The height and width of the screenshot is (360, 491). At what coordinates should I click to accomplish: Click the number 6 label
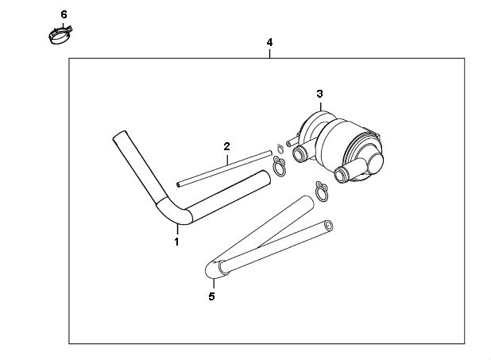[64, 14]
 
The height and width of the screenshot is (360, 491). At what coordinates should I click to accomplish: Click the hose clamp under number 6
[60, 35]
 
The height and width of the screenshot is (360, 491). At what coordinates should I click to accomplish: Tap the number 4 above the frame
[269, 42]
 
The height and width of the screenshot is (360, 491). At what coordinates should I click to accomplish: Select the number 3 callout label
[319, 94]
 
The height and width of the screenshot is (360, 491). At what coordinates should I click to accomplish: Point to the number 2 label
[226, 146]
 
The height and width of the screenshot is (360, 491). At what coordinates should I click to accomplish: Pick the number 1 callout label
[176, 242]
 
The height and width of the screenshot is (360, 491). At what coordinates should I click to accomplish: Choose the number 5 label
[211, 296]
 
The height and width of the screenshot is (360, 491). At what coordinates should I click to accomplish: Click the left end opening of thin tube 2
[178, 185]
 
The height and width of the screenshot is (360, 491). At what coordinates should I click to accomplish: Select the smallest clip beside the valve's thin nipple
[280, 149]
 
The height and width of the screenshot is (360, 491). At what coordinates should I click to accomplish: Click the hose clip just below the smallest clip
[280, 166]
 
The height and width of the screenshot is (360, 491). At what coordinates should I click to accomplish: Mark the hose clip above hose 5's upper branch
[322, 192]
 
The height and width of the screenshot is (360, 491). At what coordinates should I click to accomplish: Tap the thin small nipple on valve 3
[292, 141]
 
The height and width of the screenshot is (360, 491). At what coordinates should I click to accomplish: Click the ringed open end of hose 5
[328, 225]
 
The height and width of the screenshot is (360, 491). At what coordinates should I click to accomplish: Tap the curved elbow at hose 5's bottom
[215, 269]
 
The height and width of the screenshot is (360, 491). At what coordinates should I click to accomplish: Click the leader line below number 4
[269, 53]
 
